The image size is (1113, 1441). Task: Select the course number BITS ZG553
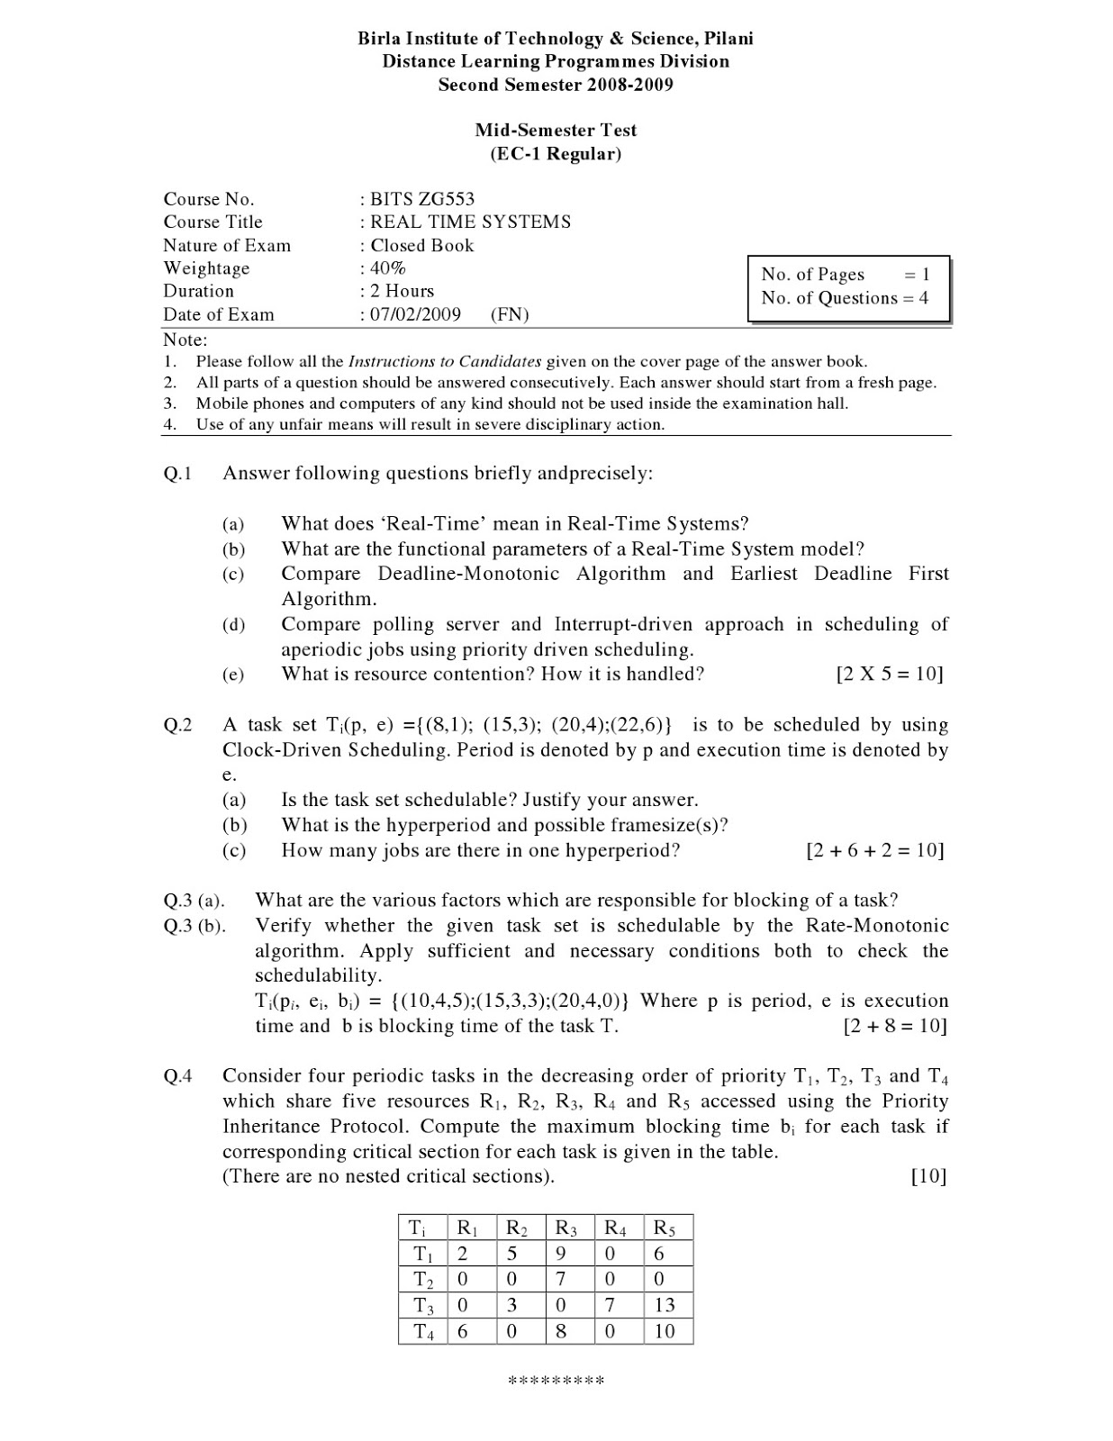point(421,199)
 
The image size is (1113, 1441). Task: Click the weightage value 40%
point(388,268)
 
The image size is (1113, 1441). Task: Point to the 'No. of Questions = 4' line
point(844,298)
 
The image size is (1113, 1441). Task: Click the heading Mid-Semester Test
point(556,130)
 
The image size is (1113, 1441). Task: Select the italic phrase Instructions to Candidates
point(445,361)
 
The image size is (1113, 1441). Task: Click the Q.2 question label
point(178,725)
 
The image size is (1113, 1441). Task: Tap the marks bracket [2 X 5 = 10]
point(889,675)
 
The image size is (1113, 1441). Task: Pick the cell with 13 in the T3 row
point(665,1305)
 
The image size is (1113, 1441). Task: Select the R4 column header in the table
point(615,1228)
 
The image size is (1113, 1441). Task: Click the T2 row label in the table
point(423,1280)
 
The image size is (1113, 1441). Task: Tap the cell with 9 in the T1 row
point(560,1254)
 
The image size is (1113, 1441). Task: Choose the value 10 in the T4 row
point(665,1331)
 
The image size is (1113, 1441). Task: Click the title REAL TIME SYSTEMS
point(470,222)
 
